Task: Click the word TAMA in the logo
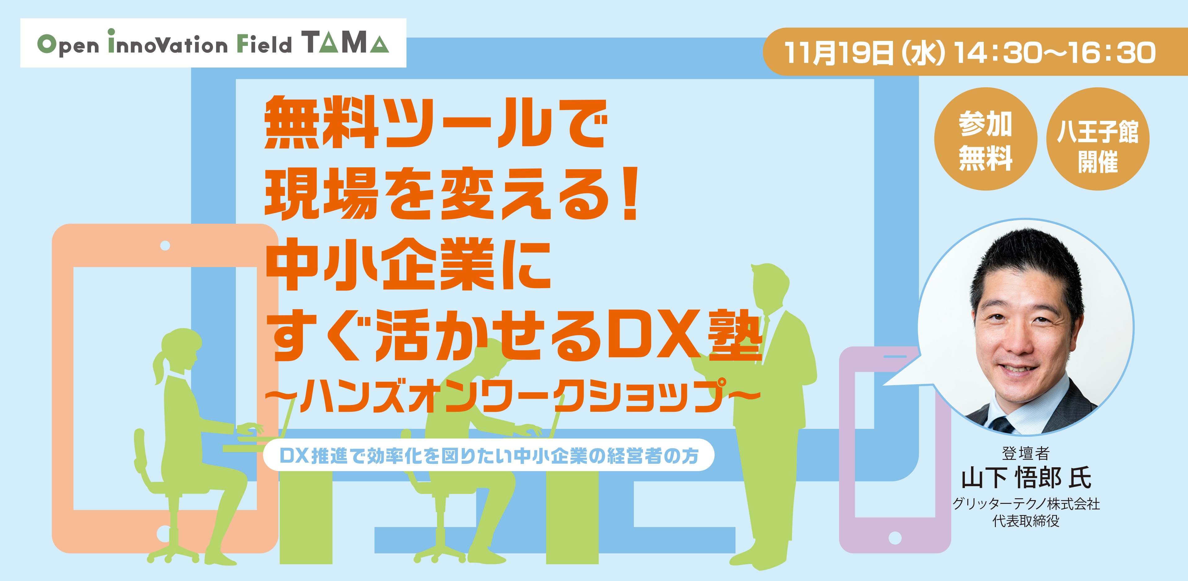346,43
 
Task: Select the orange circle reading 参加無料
986,139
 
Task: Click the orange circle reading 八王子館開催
1097,139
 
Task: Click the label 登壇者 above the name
1026,454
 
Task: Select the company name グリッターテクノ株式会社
1026,504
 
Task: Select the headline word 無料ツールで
435,122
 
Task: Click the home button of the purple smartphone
895,538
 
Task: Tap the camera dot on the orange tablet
165,246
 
